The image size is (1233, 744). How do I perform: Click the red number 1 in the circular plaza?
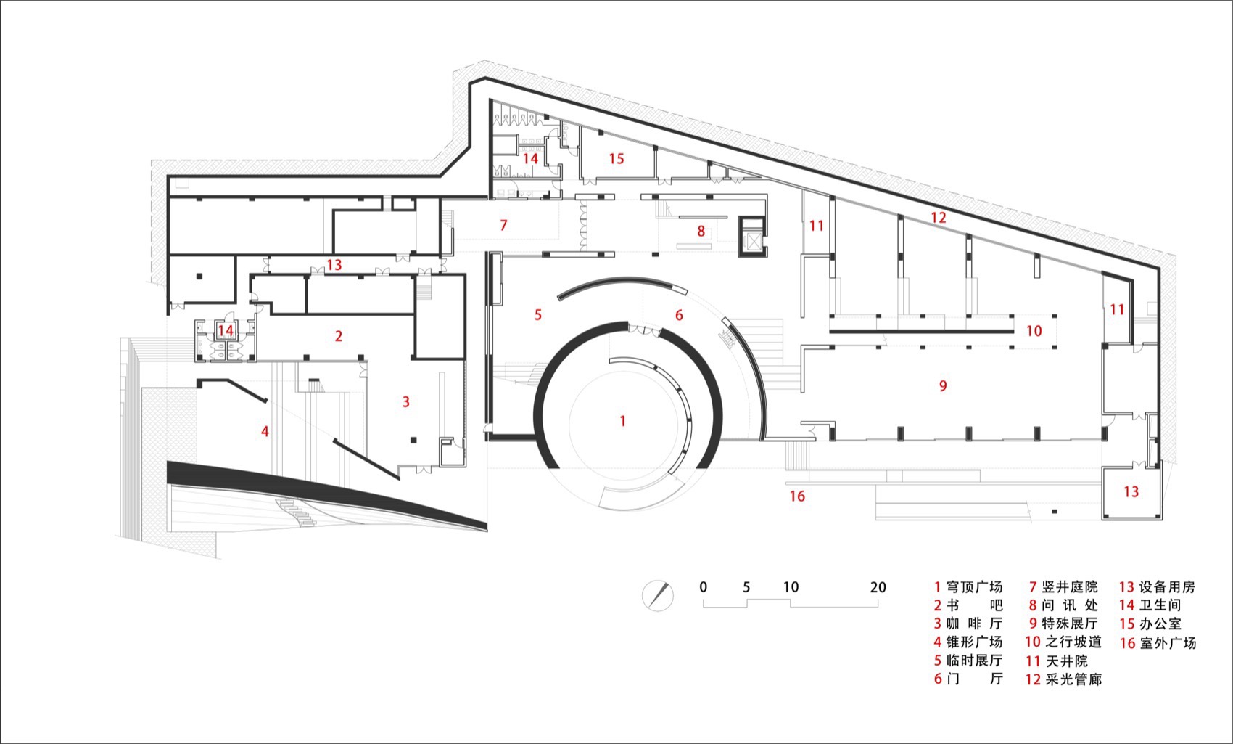pos(622,421)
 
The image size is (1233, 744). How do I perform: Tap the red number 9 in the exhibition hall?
pos(943,386)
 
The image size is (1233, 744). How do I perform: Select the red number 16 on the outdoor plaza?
pos(797,496)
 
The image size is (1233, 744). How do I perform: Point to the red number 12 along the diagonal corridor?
pos(939,218)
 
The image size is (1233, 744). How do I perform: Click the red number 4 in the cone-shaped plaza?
pos(265,432)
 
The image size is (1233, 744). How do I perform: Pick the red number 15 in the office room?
pos(616,159)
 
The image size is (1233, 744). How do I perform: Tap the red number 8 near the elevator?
pos(701,231)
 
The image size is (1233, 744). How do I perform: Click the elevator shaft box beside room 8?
pos(751,235)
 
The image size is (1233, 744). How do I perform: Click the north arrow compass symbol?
pos(658,595)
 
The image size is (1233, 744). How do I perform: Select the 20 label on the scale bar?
pos(878,587)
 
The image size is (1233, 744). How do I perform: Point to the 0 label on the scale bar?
pos(703,587)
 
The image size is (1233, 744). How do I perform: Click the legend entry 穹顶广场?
pos(968,587)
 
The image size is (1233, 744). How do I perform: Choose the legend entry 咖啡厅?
pos(968,624)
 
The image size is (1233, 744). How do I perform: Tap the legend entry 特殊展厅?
pos(1063,624)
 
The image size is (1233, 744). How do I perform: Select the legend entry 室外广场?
pos(1158,642)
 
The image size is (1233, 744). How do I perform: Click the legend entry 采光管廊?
pos(1063,679)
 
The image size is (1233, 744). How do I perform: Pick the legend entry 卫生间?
pos(1150,605)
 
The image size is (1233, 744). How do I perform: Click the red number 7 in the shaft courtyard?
pos(503,225)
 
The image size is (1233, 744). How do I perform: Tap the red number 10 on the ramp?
pos(1034,331)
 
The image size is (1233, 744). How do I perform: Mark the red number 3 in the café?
pos(405,402)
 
